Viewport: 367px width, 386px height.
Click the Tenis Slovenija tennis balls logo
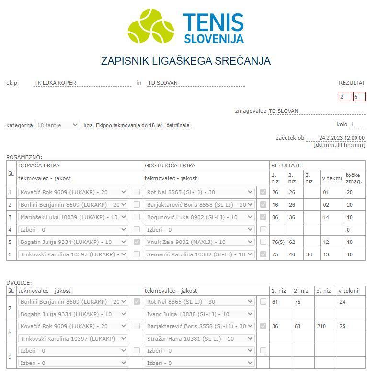pos(150,26)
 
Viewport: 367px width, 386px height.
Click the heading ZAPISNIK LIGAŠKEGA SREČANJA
pos(185,61)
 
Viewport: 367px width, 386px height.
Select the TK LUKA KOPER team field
pos(82,83)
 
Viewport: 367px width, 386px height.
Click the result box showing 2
pos(344,97)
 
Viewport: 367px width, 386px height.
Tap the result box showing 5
pos(359,97)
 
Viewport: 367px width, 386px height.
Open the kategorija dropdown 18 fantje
pos(57,125)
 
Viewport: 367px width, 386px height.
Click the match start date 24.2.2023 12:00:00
pos(342,138)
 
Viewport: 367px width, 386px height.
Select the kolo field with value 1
pos(357,125)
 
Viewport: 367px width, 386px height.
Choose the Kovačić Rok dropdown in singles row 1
pos(73,192)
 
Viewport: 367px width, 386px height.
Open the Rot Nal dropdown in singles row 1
pos(200,192)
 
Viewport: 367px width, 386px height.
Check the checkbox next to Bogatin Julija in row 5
pos(137,242)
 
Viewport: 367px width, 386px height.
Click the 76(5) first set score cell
pos(278,242)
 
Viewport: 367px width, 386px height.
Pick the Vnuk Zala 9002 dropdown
pos(200,242)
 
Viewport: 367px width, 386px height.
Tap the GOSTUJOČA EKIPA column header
pos(170,165)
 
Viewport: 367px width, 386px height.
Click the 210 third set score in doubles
pos(321,326)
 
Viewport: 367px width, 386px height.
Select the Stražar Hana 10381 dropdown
pos(200,338)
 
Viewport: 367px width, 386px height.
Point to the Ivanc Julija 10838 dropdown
pos(200,314)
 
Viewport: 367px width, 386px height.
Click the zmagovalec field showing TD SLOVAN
pos(316,111)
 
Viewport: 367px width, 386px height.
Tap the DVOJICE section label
pos(19,283)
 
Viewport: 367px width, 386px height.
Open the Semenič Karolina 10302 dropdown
pos(200,254)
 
